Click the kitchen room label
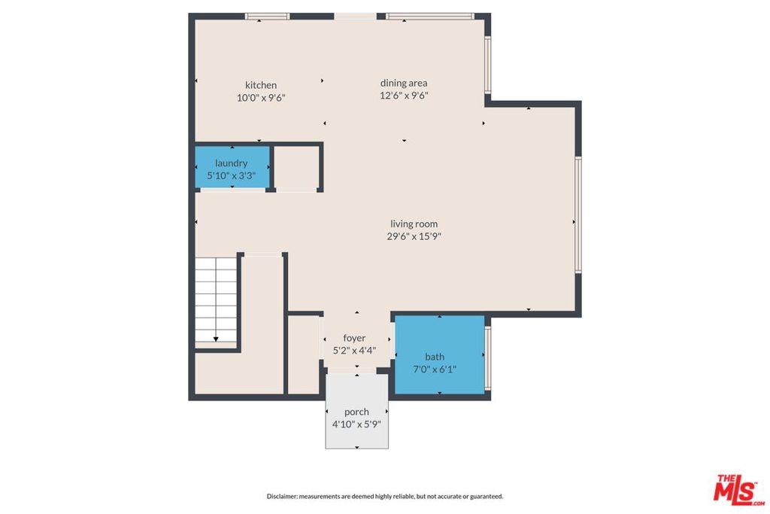point(261,85)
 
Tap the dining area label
point(404,83)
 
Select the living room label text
point(414,224)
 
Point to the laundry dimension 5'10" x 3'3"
point(232,175)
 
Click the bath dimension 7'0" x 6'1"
point(435,369)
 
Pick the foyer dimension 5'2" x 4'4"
point(355,351)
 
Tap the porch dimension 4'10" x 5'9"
point(356,424)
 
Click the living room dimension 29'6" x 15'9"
point(414,236)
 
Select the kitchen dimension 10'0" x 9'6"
point(261,98)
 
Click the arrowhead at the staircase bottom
point(216,339)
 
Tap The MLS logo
point(739,489)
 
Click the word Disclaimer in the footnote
point(282,496)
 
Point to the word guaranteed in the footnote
point(487,496)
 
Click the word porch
point(356,412)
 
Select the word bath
point(435,357)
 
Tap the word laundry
point(232,163)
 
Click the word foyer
point(355,338)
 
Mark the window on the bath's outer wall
point(487,357)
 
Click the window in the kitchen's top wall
point(267,17)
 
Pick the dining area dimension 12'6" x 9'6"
point(404,96)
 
